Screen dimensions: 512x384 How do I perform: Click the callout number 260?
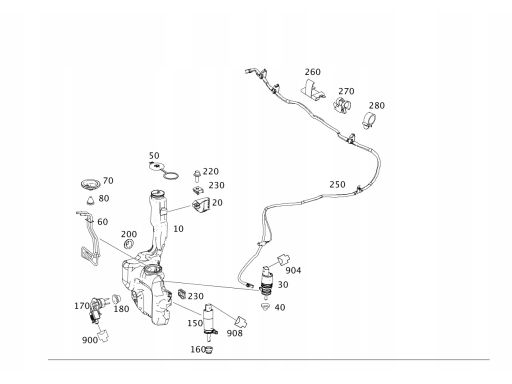tap(312, 72)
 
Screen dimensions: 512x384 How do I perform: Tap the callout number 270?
tap(346, 91)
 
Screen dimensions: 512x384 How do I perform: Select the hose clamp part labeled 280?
tap(369, 120)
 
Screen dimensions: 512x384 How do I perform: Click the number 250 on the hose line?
tap(337, 185)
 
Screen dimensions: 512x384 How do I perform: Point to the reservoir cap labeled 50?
tap(156, 166)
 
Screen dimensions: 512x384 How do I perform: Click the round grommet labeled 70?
tap(90, 184)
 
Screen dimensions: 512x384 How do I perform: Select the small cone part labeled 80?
tap(91, 201)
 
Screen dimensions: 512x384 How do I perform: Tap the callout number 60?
tap(103, 222)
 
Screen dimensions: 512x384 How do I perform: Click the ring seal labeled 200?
tap(128, 244)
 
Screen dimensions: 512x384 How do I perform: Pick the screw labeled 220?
tap(197, 176)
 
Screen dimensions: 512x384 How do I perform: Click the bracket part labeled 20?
tap(201, 205)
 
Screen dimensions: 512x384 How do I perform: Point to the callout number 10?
tap(178, 229)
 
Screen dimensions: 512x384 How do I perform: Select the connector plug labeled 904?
tap(284, 260)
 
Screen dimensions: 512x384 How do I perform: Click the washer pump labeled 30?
tap(267, 280)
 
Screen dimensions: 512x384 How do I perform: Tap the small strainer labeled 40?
tap(266, 306)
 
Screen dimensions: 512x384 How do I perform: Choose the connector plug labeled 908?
tap(241, 322)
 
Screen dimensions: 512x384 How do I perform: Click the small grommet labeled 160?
tap(209, 350)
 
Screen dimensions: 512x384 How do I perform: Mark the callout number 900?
tap(90, 340)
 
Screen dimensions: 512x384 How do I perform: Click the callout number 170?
tap(82, 306)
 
